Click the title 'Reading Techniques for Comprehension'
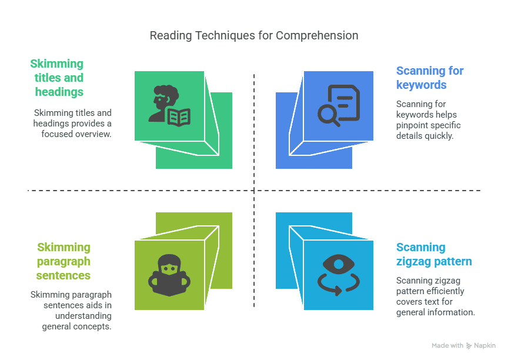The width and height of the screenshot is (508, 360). coord(254,36)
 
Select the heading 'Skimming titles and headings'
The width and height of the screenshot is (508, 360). coord(57,78)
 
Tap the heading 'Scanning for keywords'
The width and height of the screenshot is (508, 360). coord(430,78)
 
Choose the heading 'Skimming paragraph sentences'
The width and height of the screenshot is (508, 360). coord(63,261)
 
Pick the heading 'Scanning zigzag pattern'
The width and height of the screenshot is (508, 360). coord(434,254)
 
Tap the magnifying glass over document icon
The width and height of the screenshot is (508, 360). coord(339,106)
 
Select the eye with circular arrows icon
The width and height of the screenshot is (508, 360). coord(339,275)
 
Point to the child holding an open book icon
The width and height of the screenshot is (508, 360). coord(169,275)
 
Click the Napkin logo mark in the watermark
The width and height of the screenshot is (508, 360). coord(469,346)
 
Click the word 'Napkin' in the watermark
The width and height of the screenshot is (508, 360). coord(484,346)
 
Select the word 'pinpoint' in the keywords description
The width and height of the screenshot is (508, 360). coord(412,125)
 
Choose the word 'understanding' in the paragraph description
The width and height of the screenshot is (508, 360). coord(83,316)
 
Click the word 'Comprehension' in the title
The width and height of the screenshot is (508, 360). coord(317,36)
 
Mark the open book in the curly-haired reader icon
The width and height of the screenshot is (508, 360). coord(179,117)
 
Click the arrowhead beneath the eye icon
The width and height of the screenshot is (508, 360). coord(337,291)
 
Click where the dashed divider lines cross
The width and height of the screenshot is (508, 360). coord(254,191)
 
